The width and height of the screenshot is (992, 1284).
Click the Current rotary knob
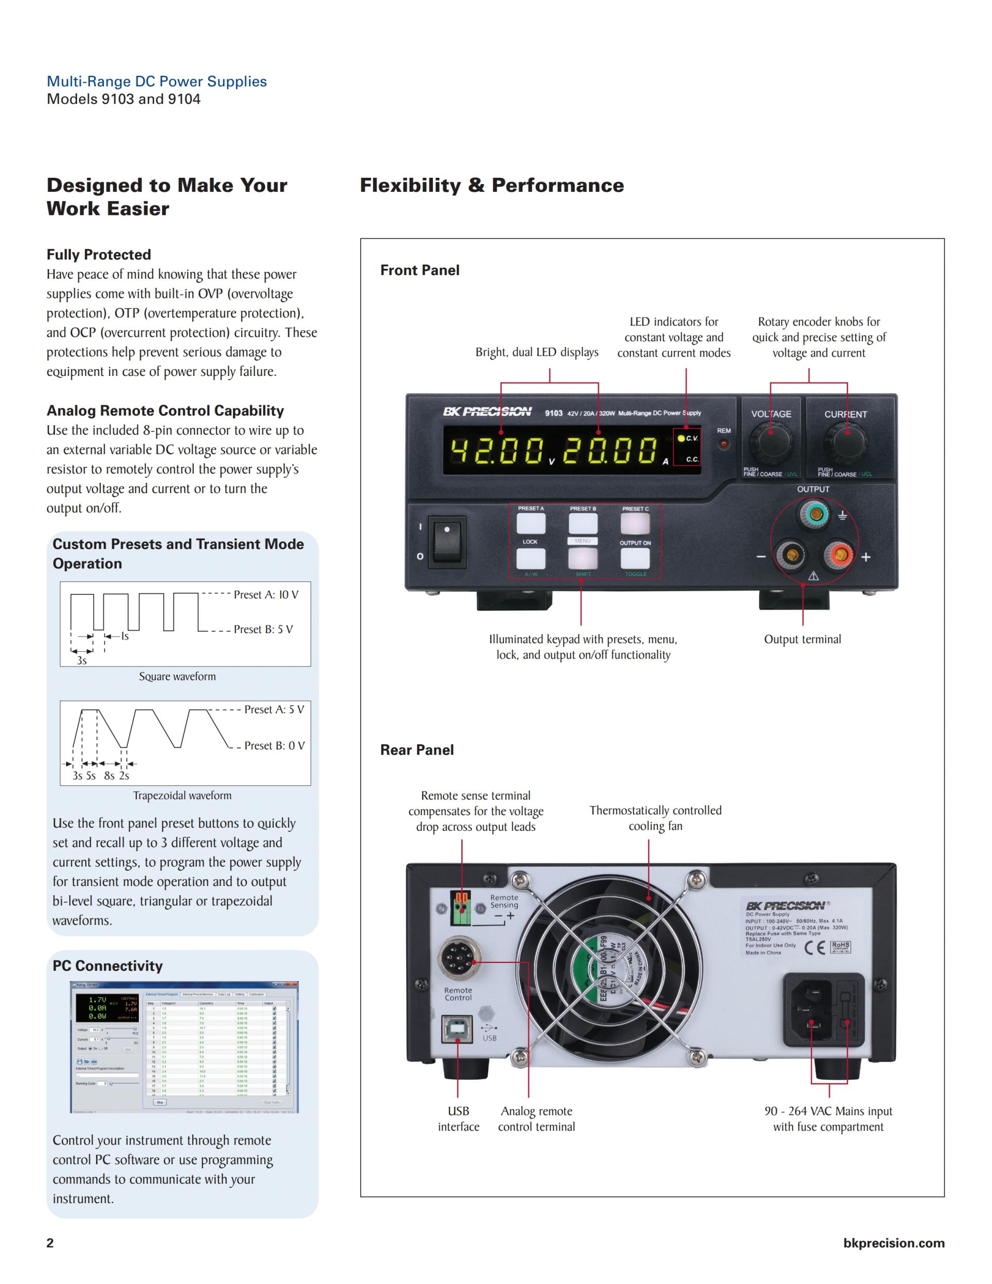click(845, 441)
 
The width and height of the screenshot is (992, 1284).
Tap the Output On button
click(636, 558)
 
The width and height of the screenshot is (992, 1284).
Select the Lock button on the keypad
click(531, 558)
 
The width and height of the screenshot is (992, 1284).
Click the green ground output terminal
click(814, 515)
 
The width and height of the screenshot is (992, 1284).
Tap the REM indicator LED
click(724, 444)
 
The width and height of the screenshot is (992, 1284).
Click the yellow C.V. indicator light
click(681, 438)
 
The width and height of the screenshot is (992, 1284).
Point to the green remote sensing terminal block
click(461, 908)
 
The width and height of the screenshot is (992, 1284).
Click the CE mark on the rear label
click(814, 947)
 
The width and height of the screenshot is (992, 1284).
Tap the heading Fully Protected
click(99, 254)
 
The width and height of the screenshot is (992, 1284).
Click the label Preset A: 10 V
click(266, 594)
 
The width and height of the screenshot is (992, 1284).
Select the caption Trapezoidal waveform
click(182, 796)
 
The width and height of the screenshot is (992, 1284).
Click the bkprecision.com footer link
click(893, 1243)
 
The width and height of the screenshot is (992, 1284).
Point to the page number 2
click(50, 1243)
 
